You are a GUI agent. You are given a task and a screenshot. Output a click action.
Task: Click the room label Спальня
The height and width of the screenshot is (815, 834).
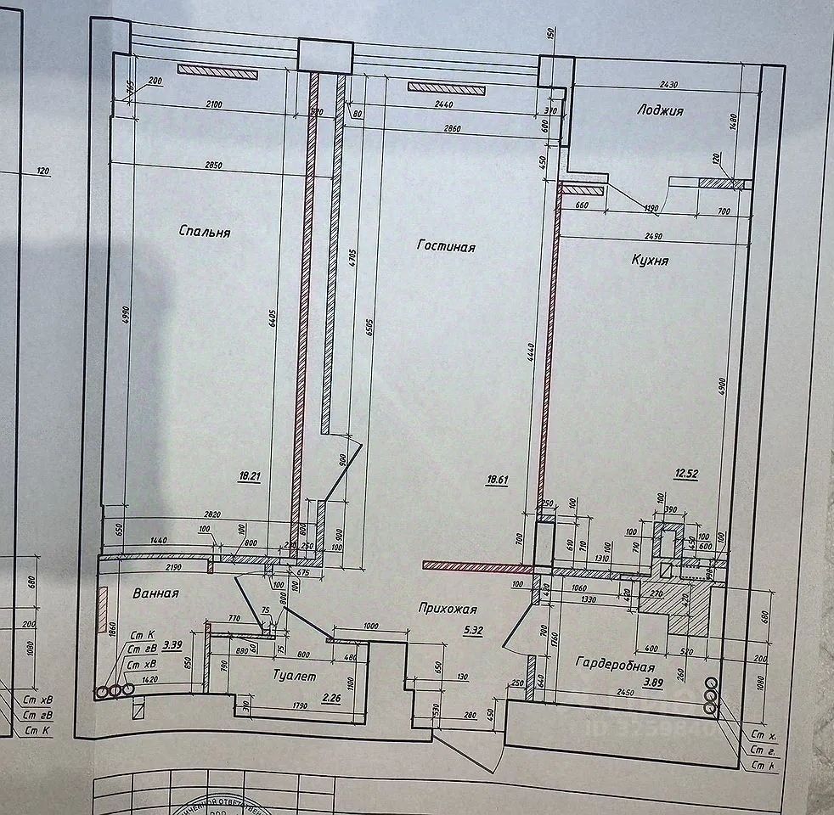(205, 231)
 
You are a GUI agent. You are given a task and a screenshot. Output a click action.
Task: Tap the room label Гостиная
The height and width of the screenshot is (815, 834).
(446, 246)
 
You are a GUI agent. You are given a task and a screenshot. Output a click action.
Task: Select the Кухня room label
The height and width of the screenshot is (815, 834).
(650, 260)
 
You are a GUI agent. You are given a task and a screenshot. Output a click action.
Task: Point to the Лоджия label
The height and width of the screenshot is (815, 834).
(660, 110)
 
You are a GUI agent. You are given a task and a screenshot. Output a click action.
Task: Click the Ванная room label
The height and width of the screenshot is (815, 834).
(155, 593)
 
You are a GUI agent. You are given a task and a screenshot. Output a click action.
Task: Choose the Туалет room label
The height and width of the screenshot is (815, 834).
(295, 677)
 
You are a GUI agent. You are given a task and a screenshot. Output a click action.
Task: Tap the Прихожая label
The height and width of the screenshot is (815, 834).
(448, 609)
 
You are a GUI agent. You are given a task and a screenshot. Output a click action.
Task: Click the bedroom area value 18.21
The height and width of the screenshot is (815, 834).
(249, 476)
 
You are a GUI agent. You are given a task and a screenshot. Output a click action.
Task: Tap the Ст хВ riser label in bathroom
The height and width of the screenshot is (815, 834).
(143, 664)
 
